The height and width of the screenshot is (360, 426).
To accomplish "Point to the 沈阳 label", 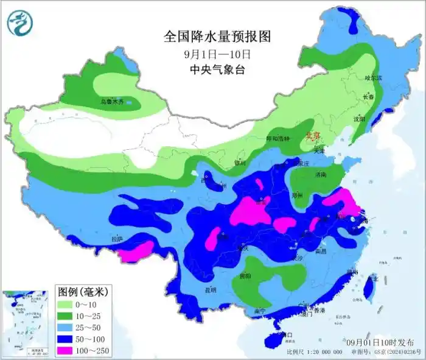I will click(x=359, y=119).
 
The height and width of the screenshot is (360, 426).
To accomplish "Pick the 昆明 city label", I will click(x=211, y=289).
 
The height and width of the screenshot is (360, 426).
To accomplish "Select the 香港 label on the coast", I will click(x=319, y=311).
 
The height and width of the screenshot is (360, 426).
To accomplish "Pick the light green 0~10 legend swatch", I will click(x=65, y=304).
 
